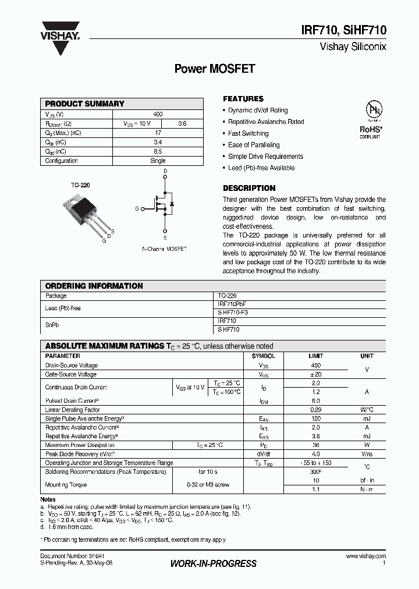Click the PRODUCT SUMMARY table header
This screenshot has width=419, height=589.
[x=85, y=104]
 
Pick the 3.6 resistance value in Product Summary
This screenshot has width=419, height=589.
[x=182, y=123]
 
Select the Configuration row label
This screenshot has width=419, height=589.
[x=62, y=161]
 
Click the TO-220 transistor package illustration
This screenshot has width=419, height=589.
[x=85, y=212]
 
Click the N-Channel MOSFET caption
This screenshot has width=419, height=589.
[x=165, y=249]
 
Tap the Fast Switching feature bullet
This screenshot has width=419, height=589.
[x=248, y=133]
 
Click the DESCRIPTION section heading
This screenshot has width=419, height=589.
[x=249, y=188]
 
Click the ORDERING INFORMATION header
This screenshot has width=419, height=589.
[x=94, y=286]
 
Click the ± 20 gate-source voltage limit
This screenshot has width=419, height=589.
[x=316, y=374]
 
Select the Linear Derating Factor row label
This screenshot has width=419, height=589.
[x=73, y=410]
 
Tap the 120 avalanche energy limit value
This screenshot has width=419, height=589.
[x=316, y=418]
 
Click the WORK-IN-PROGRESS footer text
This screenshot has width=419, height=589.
[x=213, y=563]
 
